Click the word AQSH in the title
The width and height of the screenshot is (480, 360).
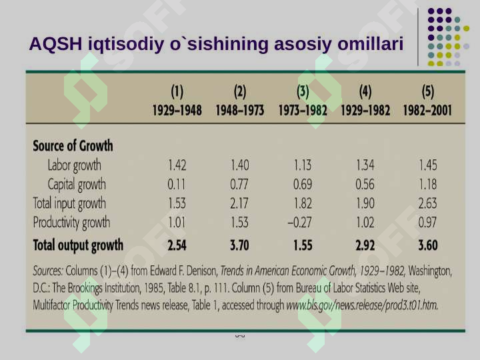(x=56, y=43)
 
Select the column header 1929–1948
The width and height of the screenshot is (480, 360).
(x=177, y=110)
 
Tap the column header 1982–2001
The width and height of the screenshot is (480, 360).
(x=427, y=110)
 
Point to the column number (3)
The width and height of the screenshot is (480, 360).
(x=303, y=91)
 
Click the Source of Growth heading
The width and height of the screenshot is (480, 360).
(x=73, y=146)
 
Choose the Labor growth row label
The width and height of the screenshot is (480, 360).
(x=75, y=165)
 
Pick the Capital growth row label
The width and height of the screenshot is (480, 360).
(x=77, y=185)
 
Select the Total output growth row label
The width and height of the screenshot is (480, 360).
(x=78, y=245)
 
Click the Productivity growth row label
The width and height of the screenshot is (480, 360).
(x=71, y=223)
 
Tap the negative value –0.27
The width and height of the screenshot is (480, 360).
(x=300, y=223)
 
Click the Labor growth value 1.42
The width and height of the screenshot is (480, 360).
(x=177, y=165)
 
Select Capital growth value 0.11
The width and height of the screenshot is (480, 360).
(x=177, y=184)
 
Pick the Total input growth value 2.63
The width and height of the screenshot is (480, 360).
(x=427, y=203)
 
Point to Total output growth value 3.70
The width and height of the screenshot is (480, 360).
(x=239, y=245)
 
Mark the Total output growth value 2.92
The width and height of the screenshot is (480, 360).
(x=365, y=245)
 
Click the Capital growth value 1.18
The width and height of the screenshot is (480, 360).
(x=428, y=184)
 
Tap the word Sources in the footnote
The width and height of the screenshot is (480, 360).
(x=48, y=271)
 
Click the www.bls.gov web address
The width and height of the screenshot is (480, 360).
(x=362, y=305)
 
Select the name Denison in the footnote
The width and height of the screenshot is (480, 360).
(x=202, y=271)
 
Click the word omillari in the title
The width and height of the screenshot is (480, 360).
(x=371, y=43)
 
